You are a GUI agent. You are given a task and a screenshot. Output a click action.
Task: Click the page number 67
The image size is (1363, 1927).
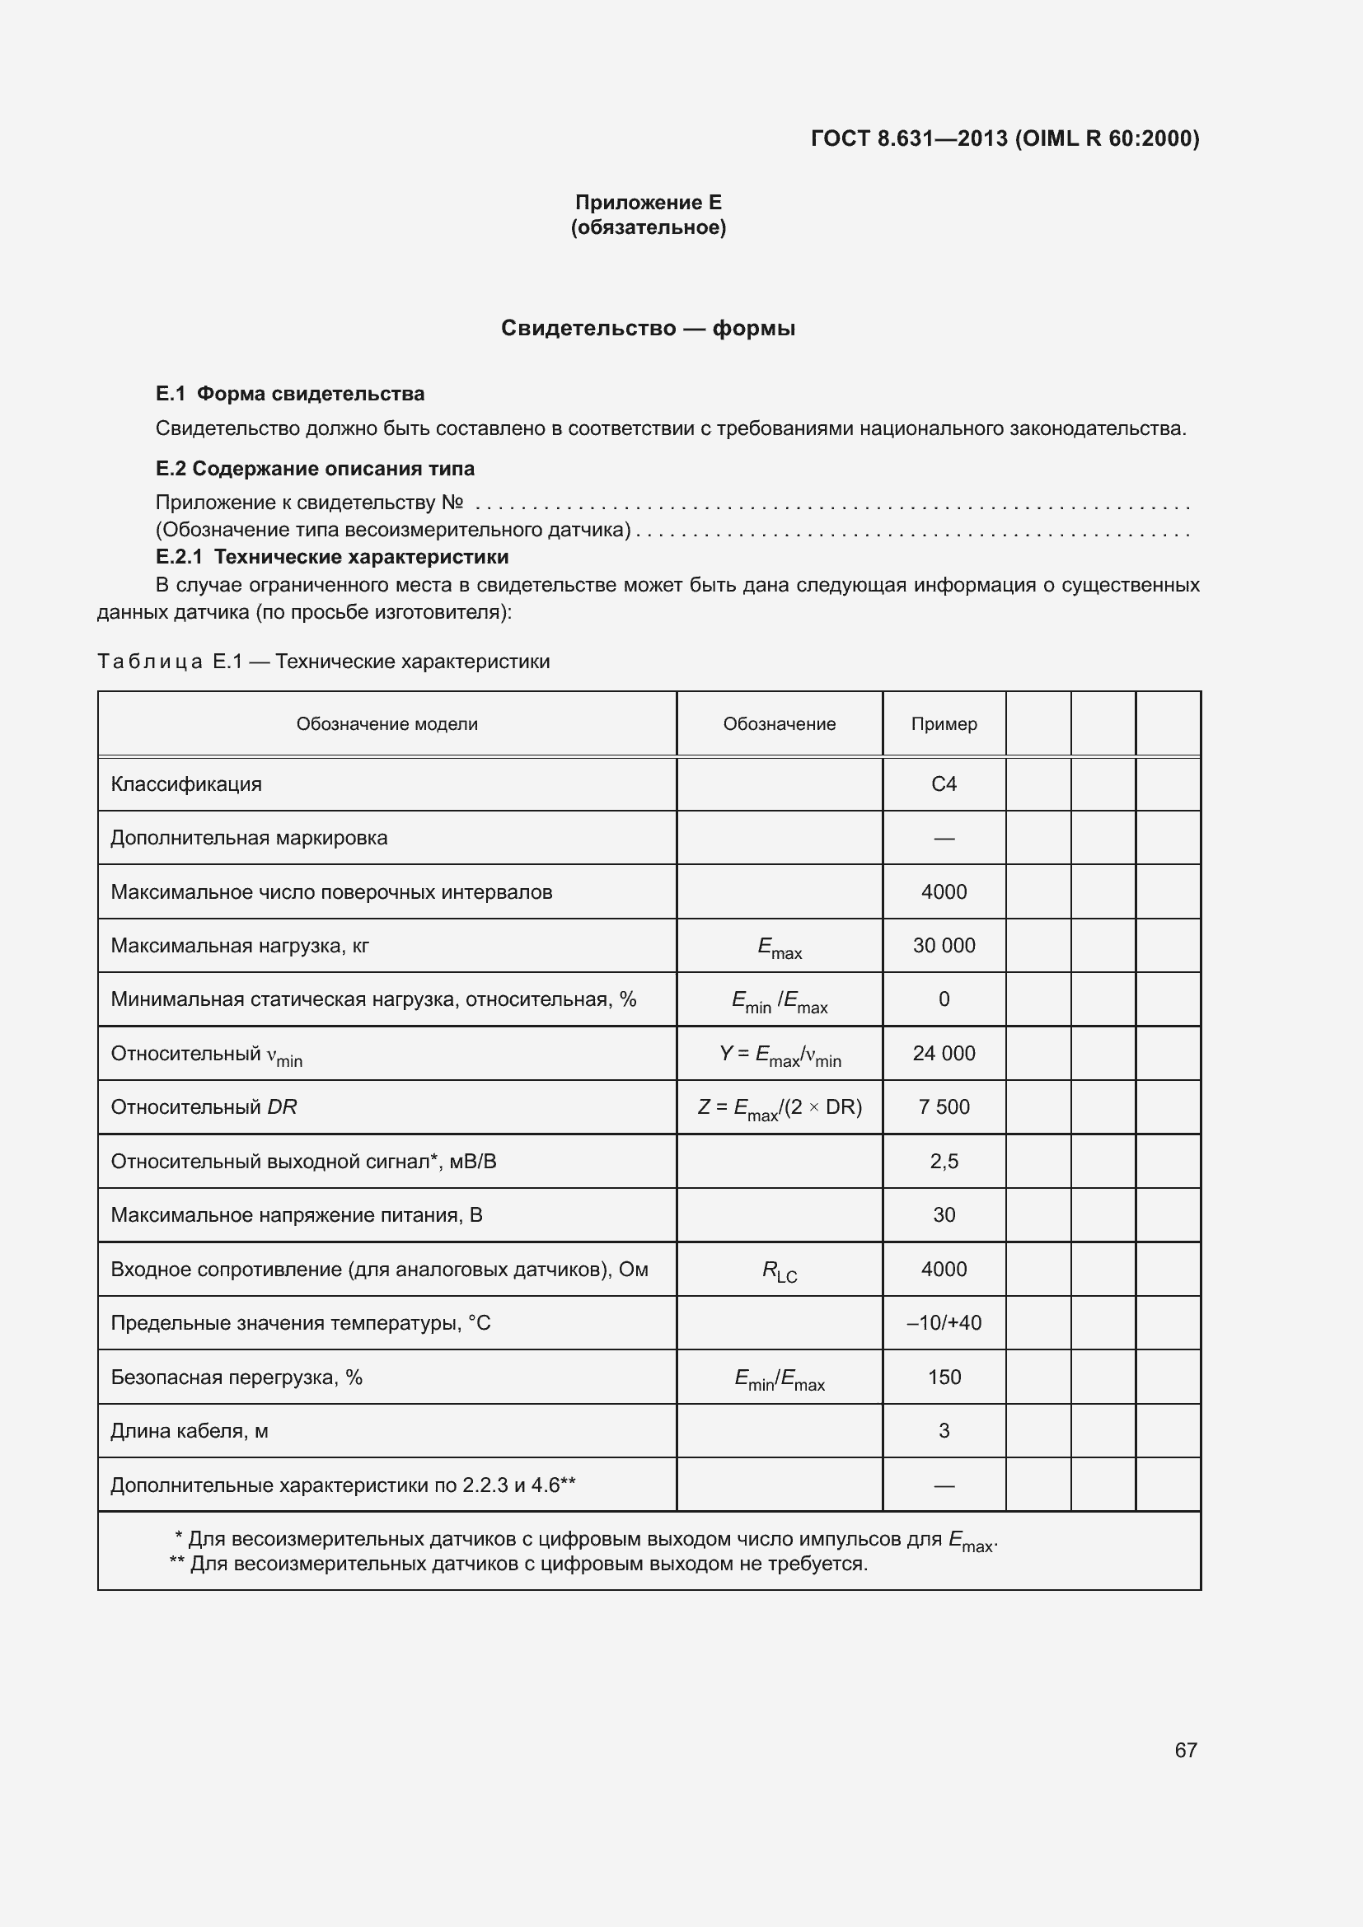(1185, 1750)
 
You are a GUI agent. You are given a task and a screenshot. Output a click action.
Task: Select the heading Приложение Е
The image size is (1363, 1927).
(648, 203)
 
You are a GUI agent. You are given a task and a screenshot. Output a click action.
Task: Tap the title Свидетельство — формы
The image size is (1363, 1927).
(648, 328)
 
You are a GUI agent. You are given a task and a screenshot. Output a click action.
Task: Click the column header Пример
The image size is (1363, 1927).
(944, 723)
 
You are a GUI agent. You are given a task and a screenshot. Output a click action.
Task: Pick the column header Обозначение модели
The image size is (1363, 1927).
(387, 723)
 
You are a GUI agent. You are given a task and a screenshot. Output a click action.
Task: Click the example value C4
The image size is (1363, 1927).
(944, 783)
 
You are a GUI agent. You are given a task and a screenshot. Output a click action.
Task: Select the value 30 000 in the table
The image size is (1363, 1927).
(944, 945)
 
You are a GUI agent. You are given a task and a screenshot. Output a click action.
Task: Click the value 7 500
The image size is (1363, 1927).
(944, 1106)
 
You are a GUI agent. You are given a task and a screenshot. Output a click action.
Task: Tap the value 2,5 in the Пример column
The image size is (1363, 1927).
(944, 1161)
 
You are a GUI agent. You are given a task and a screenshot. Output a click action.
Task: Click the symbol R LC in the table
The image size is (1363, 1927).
(779, 1270)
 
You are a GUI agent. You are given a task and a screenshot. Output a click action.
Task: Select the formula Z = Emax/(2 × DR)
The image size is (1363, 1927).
(779, 1108)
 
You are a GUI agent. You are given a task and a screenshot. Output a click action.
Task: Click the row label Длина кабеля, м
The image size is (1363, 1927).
(190, 1430)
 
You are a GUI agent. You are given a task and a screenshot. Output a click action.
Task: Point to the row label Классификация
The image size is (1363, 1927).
(186, 783)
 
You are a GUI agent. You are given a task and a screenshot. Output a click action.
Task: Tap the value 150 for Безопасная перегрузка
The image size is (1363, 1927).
(944, 1377)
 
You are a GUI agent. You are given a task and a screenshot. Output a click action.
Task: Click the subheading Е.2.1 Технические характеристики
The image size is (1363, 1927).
(332, 556)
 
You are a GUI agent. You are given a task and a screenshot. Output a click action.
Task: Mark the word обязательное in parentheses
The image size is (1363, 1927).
(648, 227)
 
